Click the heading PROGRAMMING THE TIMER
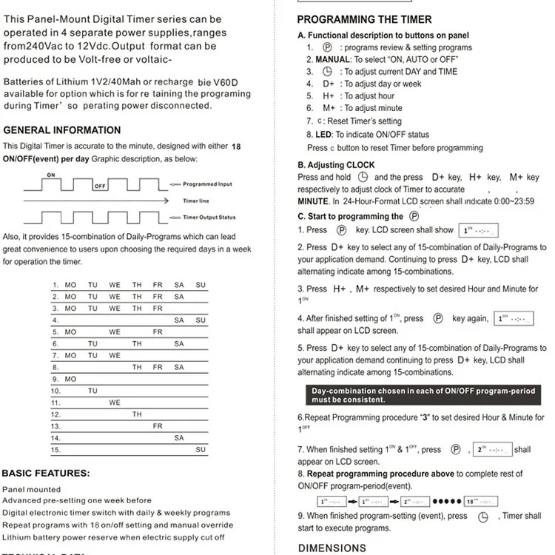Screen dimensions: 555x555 click(x=374, y=19)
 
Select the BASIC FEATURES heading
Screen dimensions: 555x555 click(x=46, y=473)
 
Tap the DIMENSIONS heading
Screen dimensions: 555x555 click(x=332, y=548)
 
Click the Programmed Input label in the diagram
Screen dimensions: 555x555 click(x=207, y=184)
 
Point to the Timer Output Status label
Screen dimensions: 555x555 click(x=209, y=218)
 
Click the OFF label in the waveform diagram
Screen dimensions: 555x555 click(x=99, y=186)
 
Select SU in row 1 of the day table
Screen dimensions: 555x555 click(x=201, y=285)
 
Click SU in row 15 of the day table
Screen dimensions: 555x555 click(x=201, y=449)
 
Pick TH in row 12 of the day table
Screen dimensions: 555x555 click(x=137, y=414)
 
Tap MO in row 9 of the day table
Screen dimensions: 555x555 click(x=70, y=379)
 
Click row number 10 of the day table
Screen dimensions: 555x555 click(x=55, y=391)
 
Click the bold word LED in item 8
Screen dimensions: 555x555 click(x=323, y=135)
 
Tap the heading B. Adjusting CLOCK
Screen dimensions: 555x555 click(x=336, y=165)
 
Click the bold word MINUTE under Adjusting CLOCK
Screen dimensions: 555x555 click(x=314, y=201)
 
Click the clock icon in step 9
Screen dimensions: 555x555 click(x=485, y=517)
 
